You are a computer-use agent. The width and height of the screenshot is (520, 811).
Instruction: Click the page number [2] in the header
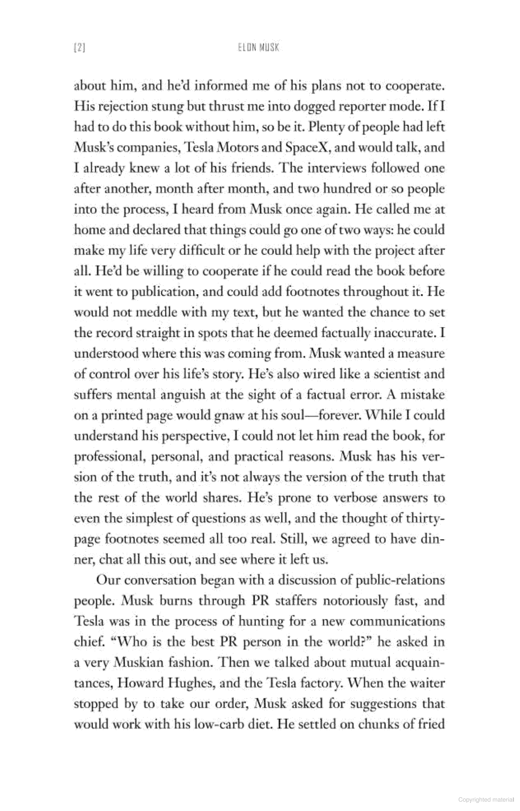(79, 48)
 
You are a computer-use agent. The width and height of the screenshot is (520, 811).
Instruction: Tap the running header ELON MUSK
(258, 48)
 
